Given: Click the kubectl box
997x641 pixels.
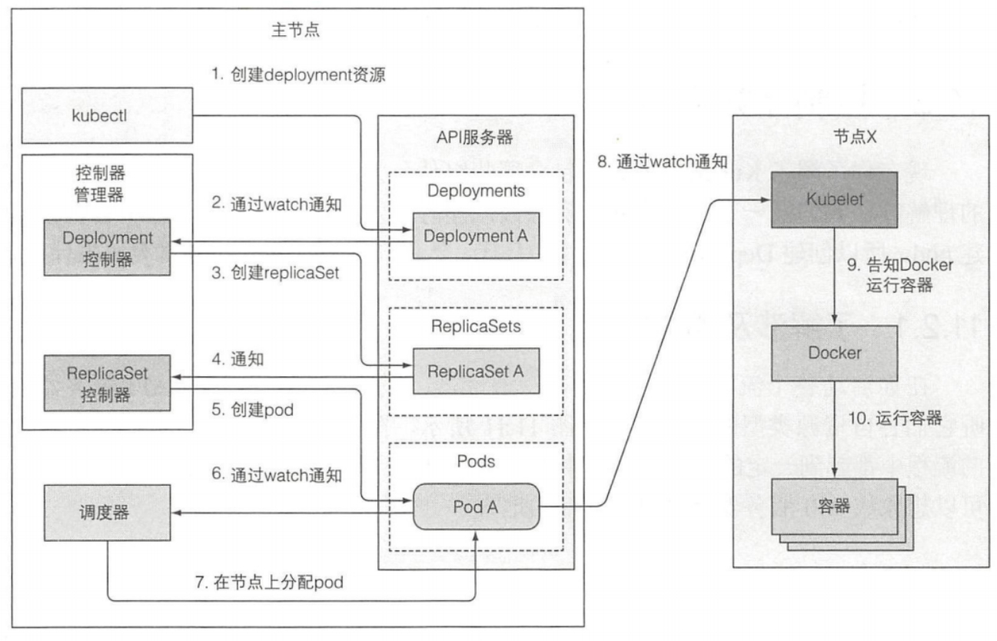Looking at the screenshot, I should [x=105, y=115].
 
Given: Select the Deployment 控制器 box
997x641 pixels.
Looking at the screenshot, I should [x=108, y=247].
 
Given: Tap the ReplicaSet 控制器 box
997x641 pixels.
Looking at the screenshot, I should [x=108, y=384].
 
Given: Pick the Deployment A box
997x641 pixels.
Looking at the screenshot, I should [x=475, y=235].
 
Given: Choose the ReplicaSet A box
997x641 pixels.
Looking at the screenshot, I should [x=475, y=371].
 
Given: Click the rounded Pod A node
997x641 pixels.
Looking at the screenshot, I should [x=475, y=506].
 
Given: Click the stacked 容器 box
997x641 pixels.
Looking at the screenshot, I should [x=834, y=508].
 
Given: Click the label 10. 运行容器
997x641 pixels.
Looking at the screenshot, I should [x=894, y=418].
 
